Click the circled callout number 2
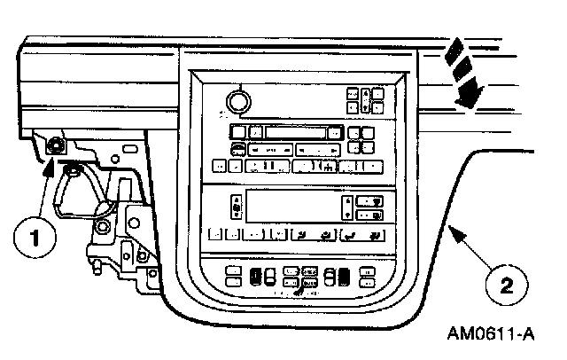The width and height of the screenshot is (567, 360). point(506,286)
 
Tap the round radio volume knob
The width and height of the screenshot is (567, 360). point(236,101)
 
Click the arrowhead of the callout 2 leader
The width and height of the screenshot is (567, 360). point(453,233)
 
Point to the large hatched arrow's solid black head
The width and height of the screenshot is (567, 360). point(469,90)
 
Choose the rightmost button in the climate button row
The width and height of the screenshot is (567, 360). point(376,237)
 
